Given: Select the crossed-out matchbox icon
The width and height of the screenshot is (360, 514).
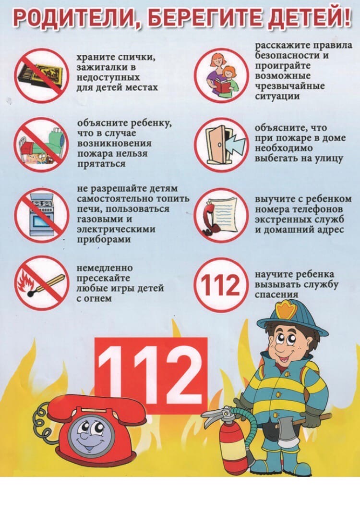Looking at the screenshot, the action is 42,76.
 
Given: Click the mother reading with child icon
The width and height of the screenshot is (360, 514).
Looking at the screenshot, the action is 221,75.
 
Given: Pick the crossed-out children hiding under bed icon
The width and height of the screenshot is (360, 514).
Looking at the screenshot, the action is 42,145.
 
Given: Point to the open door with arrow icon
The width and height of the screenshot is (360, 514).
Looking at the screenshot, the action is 221,145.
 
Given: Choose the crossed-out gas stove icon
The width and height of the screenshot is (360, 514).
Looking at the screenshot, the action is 42,215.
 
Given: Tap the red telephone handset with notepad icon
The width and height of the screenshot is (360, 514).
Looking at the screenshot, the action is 221,215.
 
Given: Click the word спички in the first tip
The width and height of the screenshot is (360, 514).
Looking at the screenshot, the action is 136,58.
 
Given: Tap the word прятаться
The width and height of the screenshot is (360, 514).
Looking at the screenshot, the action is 101,164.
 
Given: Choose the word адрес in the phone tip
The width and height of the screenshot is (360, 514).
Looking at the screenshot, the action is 331,230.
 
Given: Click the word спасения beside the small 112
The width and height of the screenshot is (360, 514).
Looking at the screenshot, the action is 277,294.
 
